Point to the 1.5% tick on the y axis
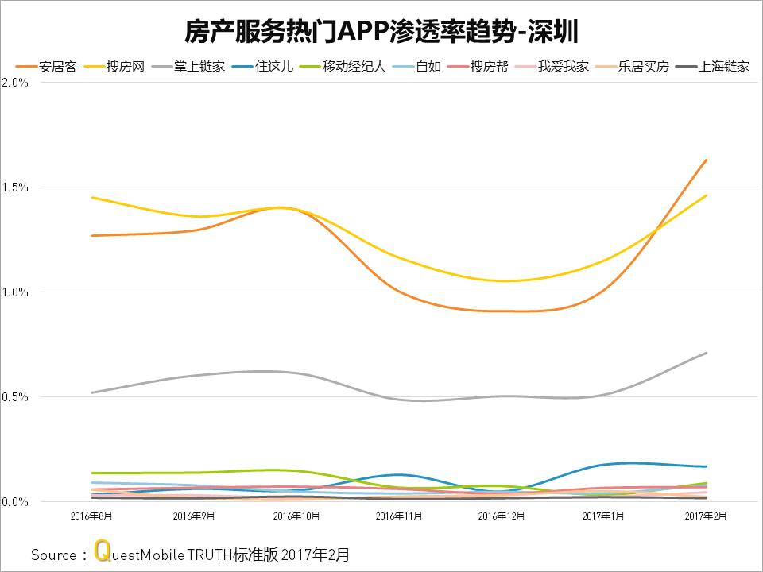(x=15, y=187)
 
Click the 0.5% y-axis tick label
(x=15, y=397)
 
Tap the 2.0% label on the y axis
(x=15, y=83)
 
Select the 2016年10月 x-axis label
(x=296, y=516)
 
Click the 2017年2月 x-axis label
(x=706, y=516)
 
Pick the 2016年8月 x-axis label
(x=91, y=516)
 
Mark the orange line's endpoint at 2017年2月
(x=706, y=160)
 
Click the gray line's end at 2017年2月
(x=706, y=353)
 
